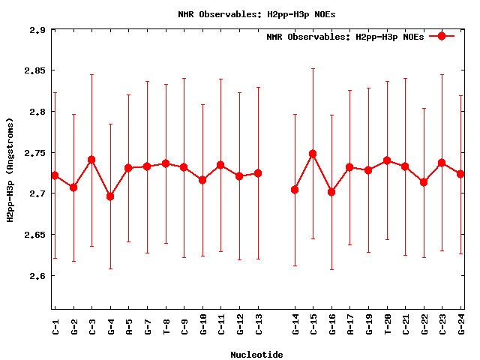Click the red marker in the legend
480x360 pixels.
pyautogui.click(x=442, y=36)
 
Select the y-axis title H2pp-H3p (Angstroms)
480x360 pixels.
pyautogui.click(x=10, y=169)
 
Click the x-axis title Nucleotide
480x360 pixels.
pyautogui.click(x=256, y=354)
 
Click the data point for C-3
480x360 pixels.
pyautogui.click(x=91, y=160)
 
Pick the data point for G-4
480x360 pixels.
pyautogui.click(x=110, y=196)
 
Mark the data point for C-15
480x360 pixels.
pyautogui.click(x=313, y=154)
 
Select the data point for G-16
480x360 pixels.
pyautogui.click(x=331, y=192)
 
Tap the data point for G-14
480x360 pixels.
pyautogui.click(x=295, y=190)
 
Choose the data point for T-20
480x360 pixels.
pyautogui.click(x=387, y=160)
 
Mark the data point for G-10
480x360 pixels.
pyautogui.click(x=202, y=180)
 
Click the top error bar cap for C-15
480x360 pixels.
pyautogui.click(x=313, y=68)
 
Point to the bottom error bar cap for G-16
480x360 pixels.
pyautogui.click(x=331, y=269)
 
